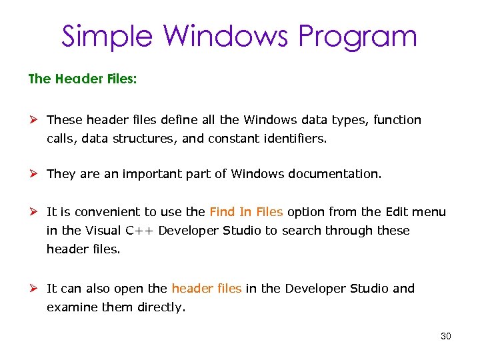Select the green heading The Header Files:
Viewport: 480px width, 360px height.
[83, 79]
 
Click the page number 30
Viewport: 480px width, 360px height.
[446, 336]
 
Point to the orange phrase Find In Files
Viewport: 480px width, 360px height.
[246, 212]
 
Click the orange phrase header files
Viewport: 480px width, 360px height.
[206, 289]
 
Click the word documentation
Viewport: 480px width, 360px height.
[335, 174]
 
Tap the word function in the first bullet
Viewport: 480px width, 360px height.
[397, 120]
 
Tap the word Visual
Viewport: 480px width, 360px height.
[102, 231]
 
